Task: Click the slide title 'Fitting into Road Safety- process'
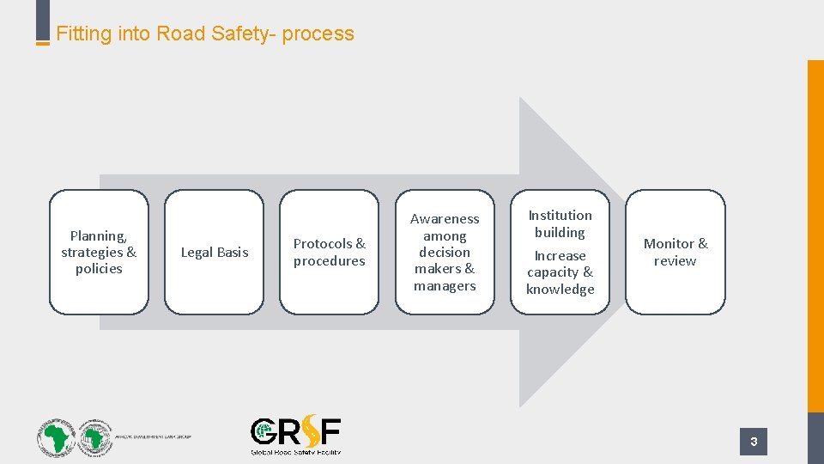(205, 34)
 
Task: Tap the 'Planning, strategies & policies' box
(99, 252)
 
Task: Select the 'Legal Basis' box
(214, 252)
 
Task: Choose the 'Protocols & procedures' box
(329, 252)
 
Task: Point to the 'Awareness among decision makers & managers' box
(445, 252)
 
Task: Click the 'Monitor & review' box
(676, 252)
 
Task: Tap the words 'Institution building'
(560, 223)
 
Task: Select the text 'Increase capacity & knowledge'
(560, 272)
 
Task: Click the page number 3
(754, 442)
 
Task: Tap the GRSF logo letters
(295, 431)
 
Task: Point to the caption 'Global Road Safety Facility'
(295, 451)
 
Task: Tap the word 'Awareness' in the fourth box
(445, 219)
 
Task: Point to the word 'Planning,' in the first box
(99, 235)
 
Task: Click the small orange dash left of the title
(42, 43)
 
